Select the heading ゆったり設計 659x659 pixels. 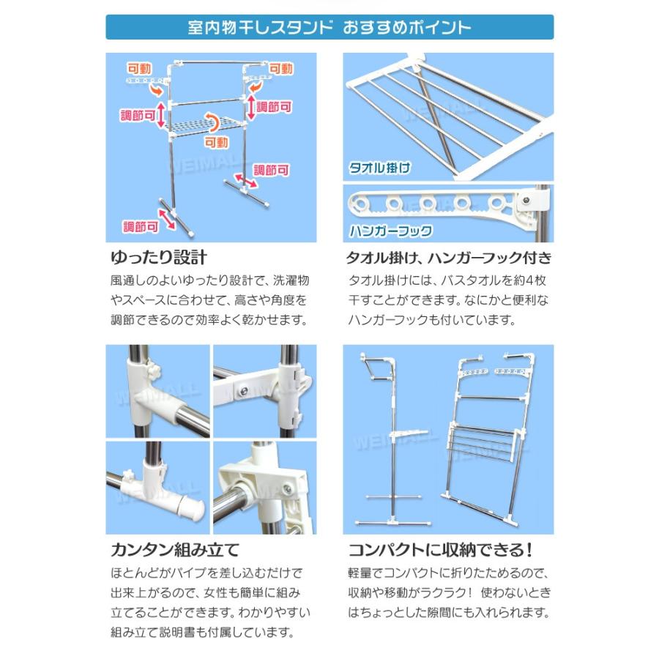[x=157, y=258]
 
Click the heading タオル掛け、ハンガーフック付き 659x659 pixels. [x=448, y=258]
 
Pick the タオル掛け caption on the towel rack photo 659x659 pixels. [x=379, y=168]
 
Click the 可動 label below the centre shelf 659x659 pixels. [x=216, y=143]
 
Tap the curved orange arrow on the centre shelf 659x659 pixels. [x=212, y=122]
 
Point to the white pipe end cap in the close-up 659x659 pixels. [x=185, y=505]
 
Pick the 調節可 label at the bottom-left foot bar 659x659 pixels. [x=141, y=226]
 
